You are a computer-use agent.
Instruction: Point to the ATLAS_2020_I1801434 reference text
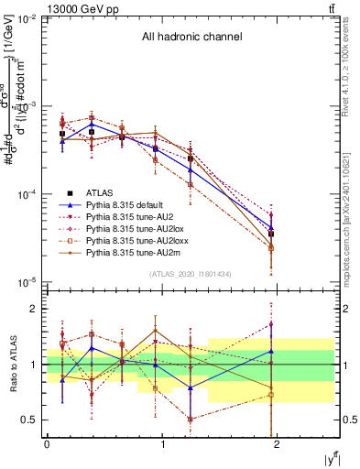[x=191, y=274]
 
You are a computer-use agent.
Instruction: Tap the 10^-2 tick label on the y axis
[x=27, y=19]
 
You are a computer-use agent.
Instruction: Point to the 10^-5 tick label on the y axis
[x=27, y=281]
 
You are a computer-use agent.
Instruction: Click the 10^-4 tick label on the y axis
[x=27, y=194]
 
